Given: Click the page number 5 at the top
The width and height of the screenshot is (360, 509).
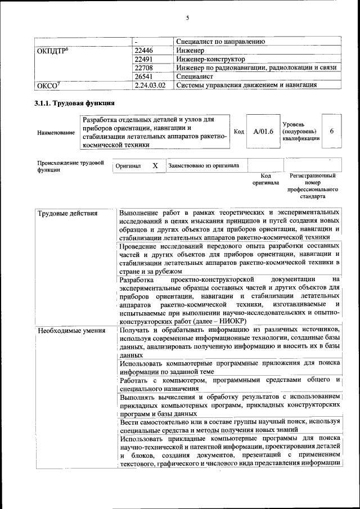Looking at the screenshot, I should pyautogui.click(x=188, y=17).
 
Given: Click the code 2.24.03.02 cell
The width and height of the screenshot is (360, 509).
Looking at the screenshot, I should pyautogui.click(x=150, y=85).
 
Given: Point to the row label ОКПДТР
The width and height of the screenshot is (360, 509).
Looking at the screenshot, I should pyautogui.click(x=53, y=51).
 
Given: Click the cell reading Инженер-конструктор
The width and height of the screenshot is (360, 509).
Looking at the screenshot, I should pyautogui.click(x=210, y=59).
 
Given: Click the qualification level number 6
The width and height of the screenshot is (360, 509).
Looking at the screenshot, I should pyautogui.click(x=332, y=131).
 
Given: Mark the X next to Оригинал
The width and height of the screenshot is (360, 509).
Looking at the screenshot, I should pyautogui.click(x=155, y=166).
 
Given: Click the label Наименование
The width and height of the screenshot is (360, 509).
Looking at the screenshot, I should pyautogui.click(x=56, y=133).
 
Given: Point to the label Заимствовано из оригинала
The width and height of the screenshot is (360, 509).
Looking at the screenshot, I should pyautogui.click(x=204, y=166).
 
